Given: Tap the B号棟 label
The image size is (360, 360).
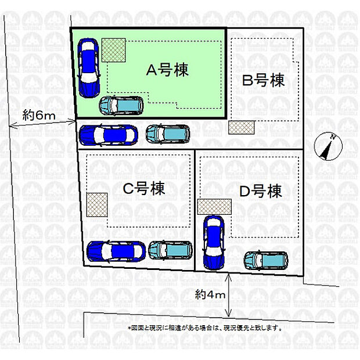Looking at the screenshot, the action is [x=264, y=80].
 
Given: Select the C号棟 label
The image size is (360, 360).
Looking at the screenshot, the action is [x=143, y=188].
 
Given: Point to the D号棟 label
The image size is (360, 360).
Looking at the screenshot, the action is [x=261, y=190].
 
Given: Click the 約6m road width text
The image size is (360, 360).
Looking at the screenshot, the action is [x=39, y=115].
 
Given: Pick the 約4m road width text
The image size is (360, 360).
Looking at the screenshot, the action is [x=210, y=296].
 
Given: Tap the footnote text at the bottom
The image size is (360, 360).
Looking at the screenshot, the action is [x=205, y=327].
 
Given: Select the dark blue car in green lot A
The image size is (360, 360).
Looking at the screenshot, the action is [x=89, y=67].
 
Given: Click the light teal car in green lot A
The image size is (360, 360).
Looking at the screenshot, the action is [x=121, y=106].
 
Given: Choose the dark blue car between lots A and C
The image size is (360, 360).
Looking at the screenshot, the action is [x=108, y=135].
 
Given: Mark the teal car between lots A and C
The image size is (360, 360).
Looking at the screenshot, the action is [x=167, y=134].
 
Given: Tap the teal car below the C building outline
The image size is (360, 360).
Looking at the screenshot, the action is [x=170, y=250].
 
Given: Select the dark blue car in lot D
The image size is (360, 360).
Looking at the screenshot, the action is [x=213, y=242].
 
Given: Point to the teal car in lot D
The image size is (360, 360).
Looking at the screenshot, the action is [x=265, y=260].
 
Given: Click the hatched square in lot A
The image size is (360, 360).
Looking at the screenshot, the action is [x=114, y=50].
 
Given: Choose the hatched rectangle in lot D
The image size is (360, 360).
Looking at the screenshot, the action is [x=214, y=207].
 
